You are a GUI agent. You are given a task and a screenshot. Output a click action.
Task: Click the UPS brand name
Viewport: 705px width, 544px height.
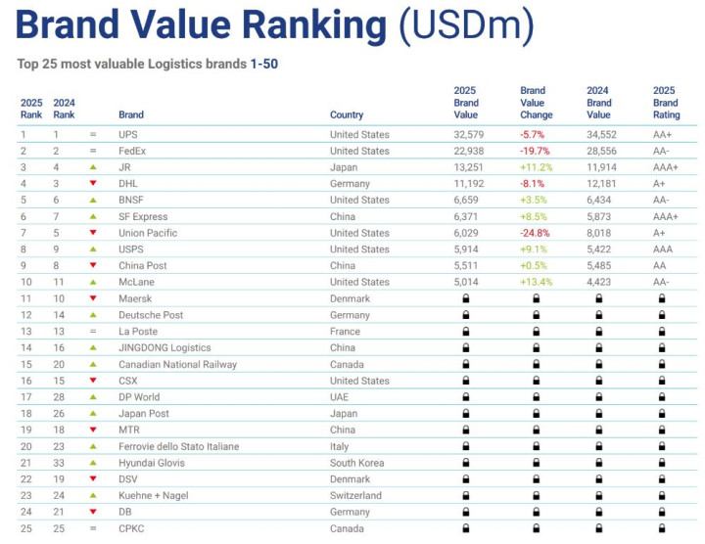click(x=128, y=134)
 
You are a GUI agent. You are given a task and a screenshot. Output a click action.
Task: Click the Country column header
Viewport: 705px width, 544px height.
click(x=347, y=114)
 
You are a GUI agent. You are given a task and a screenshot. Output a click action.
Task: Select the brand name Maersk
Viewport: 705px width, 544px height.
click(x=135, y=298)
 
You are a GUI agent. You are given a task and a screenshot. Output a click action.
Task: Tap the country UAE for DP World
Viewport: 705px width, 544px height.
click(x=340, y=397)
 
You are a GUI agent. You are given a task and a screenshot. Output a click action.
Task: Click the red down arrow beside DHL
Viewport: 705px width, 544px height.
click(x=93, y=184)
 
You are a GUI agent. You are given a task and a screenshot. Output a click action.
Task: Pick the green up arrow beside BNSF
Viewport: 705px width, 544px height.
click(x=93, y=201)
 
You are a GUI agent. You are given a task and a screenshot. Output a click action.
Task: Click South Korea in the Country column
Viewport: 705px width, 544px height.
click(x=356, y=463)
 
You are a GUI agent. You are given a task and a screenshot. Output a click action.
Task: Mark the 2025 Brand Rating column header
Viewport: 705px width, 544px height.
click(x=666, y=103)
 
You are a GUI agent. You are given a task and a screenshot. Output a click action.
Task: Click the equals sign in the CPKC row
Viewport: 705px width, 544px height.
click(x=93, y=528)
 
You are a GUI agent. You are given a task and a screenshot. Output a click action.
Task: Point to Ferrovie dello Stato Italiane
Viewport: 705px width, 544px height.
click(x=178, y=446)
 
